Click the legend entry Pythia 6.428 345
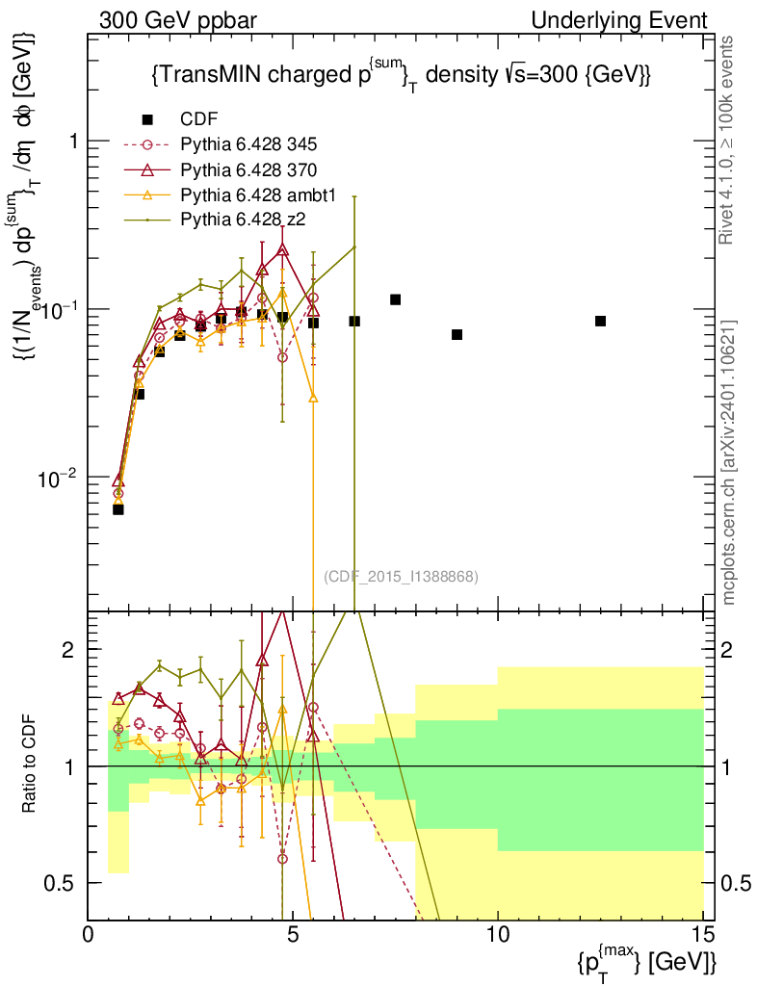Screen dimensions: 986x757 [249, 145]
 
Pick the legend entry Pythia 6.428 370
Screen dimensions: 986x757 [249, 170]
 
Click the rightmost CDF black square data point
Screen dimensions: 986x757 [600, 321]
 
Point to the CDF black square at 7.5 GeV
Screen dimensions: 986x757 [395, 299]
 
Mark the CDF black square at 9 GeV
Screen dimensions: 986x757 [457, 334]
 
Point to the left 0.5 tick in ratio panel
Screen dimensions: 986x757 [66, 883]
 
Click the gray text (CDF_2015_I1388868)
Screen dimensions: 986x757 [401, 576]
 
